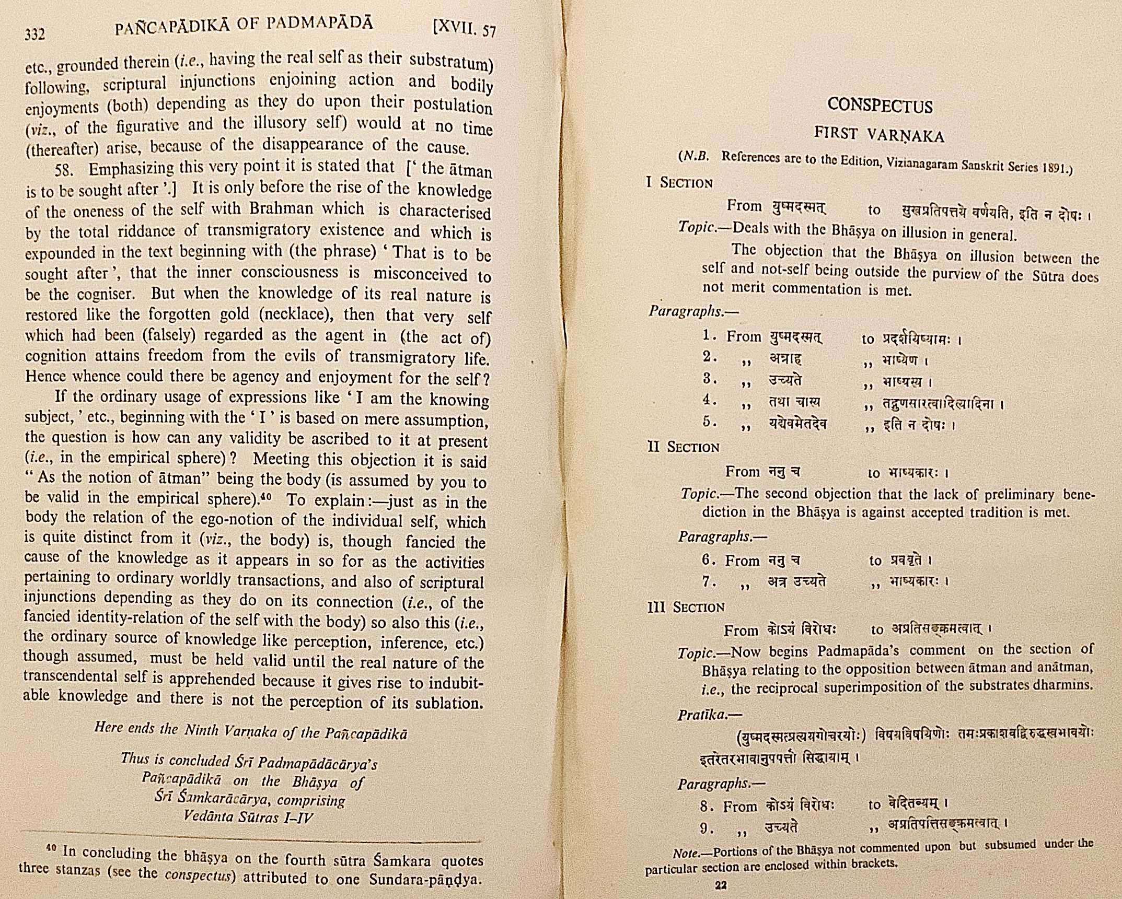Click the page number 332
35,34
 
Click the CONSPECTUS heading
880,106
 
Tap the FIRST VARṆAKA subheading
879,135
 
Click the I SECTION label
679,183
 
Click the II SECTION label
683,447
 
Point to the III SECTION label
686,607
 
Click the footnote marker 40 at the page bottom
51,848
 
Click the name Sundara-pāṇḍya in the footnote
425,880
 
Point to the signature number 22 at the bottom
721,885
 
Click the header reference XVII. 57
464,29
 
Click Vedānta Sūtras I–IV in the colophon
248,817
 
